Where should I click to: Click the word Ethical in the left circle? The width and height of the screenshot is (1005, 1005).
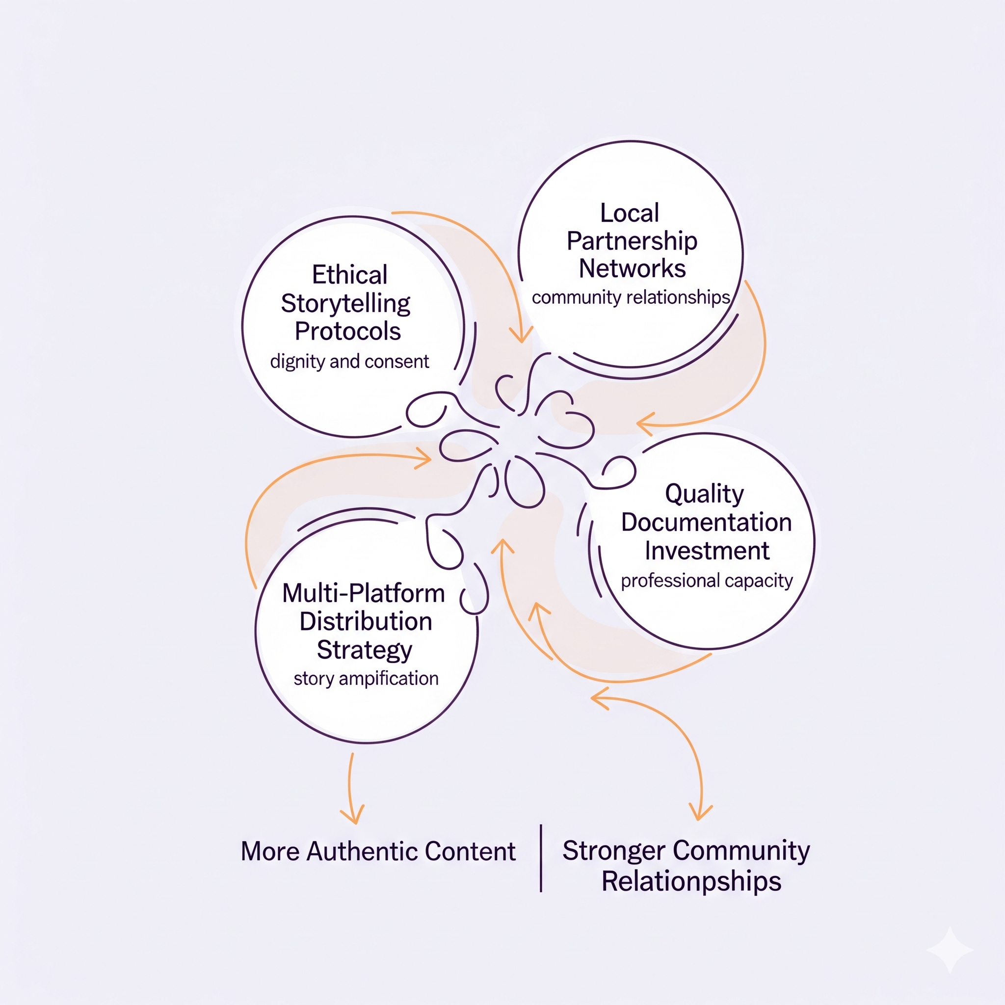coord(349,275)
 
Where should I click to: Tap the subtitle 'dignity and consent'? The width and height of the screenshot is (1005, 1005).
coord(349,361)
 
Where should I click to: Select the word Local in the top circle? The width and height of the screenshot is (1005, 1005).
coord(630,213)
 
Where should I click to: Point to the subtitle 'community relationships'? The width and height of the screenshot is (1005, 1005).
coord(631,297)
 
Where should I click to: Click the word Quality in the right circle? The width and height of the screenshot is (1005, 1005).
coord(704,494)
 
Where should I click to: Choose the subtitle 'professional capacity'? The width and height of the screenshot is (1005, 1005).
coord(707,580)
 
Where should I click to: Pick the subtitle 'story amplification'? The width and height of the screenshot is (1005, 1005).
coord(366,678)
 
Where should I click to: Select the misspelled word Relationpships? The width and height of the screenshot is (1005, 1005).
coord(691,882)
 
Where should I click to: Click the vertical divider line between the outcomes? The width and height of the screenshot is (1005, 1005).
coord(541,858)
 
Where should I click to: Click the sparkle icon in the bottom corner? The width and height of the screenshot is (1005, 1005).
coord(950,950)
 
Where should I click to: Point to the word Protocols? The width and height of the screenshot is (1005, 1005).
coord(347,331)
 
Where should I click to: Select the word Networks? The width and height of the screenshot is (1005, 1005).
coord(632,269)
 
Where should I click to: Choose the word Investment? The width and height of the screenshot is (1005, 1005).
coord(707,551)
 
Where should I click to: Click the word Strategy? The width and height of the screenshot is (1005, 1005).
coord(364,650)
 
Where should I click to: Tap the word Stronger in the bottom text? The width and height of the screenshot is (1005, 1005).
coord(614,851)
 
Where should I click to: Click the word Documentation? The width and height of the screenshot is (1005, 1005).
coord(706,522)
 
